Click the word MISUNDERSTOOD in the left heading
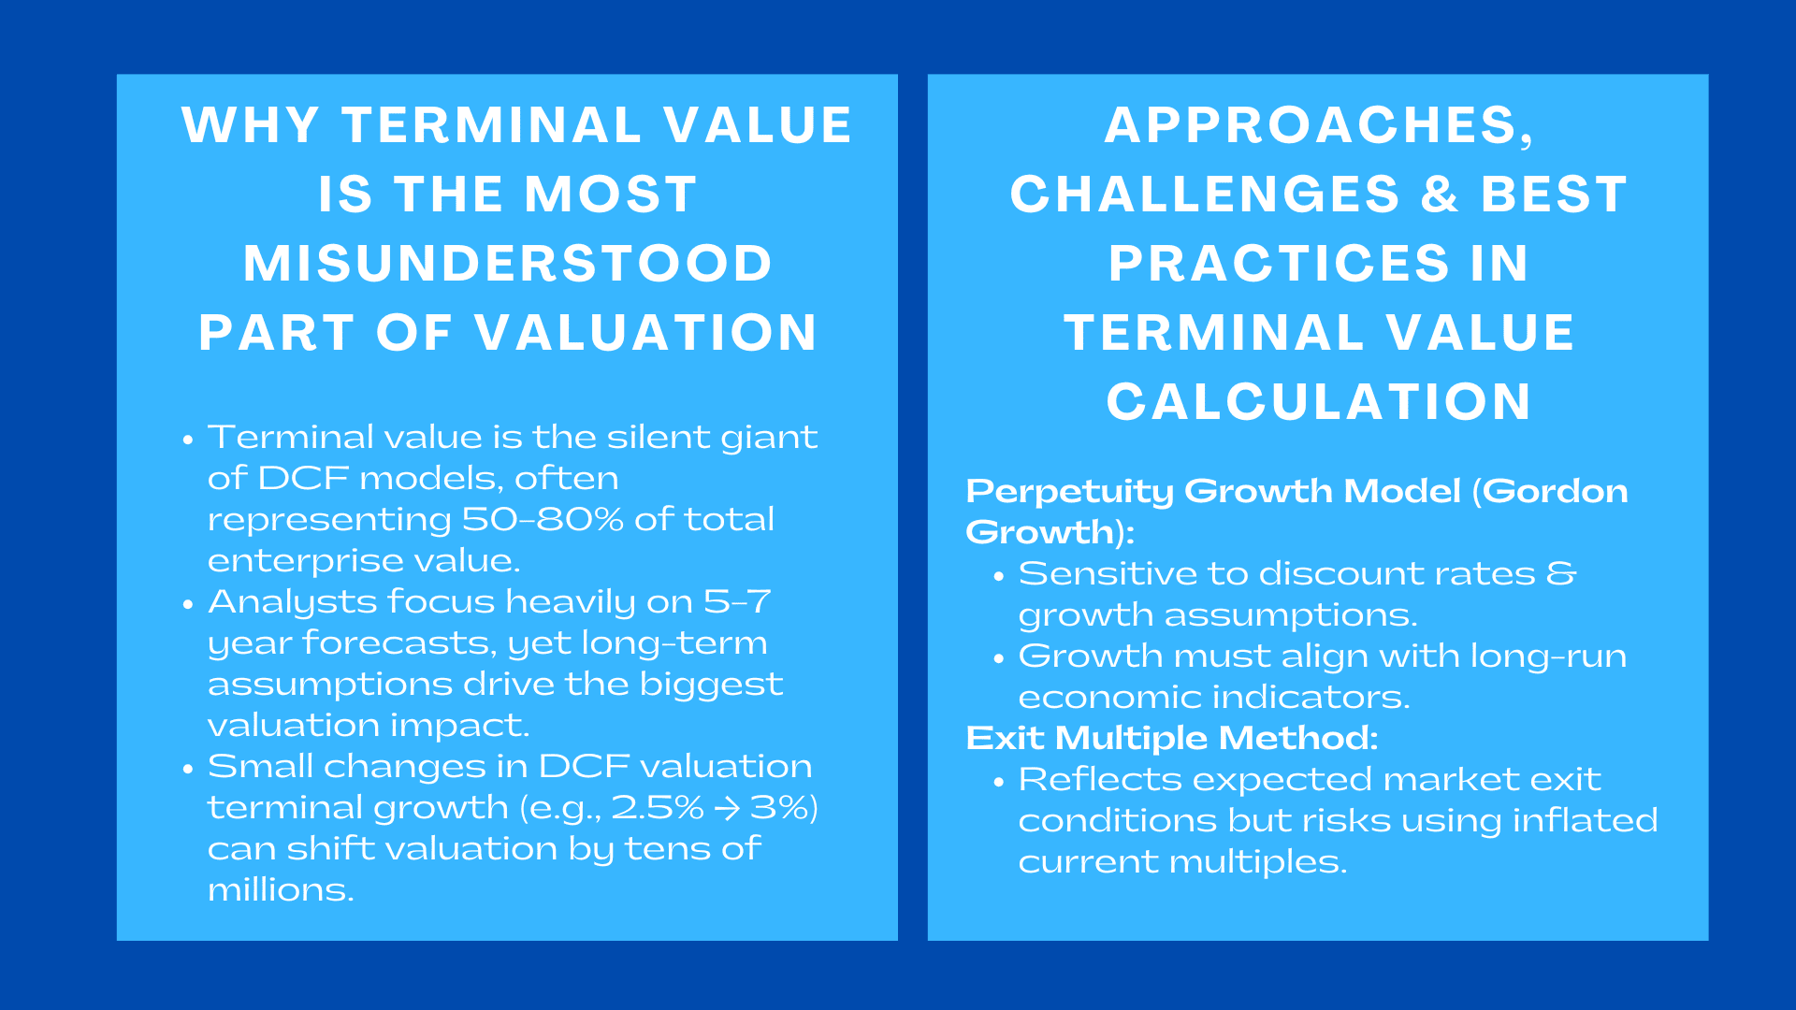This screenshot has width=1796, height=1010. click(508, 264)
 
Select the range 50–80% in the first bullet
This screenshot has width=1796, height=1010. click(543, 519)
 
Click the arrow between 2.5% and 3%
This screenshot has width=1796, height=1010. click(727, 808)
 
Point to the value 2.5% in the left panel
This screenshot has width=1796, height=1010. click(657, 808)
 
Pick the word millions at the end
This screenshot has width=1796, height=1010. click(280, 889)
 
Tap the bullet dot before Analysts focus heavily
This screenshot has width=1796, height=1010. click(188, 604)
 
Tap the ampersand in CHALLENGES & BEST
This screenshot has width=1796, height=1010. click(1440, 195)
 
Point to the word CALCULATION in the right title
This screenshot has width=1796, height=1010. click(1319, 402)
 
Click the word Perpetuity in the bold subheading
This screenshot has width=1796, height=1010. click(1068, 491)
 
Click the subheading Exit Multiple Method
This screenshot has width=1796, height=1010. click(1171, 738)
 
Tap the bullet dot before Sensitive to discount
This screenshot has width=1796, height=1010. click(998, 576)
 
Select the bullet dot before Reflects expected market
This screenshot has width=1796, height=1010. click(998, 782)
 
